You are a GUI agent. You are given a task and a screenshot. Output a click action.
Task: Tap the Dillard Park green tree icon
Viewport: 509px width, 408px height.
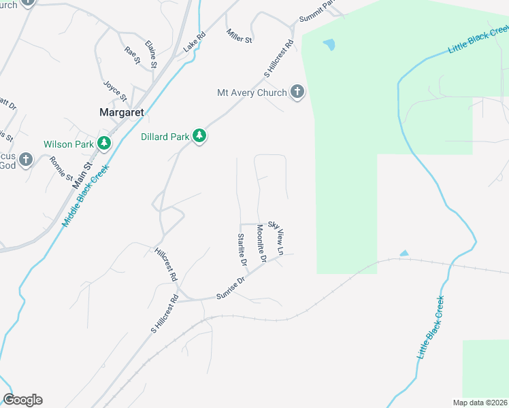pyautogui.click(x=199, y=137)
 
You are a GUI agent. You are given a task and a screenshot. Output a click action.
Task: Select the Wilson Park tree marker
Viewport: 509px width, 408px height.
pyautogui.click(x=104, y=143)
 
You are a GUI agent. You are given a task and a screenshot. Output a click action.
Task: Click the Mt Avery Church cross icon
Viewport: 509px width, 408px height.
pyautogui.click(x=297, y=92)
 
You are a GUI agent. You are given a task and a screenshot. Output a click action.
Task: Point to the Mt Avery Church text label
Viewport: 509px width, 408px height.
pyautogui.click(x=251, y=92)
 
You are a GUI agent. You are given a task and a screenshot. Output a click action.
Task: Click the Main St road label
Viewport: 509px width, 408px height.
pyautogui.click(x=81, y=173)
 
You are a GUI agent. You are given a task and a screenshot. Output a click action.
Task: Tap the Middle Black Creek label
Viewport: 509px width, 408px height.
pyautogui.click(x=85, y=197)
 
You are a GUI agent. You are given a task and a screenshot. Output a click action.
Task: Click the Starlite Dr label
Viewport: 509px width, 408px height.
pyautogui.click(x=242, y=248)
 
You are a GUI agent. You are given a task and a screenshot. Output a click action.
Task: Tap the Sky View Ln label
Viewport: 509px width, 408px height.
pyautogui.click(x=276, y=237)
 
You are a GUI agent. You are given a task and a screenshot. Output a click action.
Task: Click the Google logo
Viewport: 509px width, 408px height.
pyautogui.click(x=22, y=400)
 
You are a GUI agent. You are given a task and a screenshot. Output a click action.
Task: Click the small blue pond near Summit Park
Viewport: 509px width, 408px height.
pyautogui.click(x=329, y=45)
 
